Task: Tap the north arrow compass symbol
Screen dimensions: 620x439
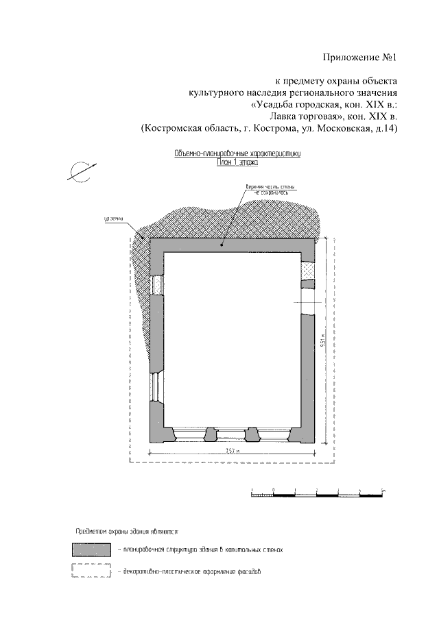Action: pos(82,170)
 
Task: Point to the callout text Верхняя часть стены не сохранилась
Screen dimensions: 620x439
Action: pos(261,190)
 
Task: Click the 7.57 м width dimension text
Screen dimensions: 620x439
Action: pos(234,450)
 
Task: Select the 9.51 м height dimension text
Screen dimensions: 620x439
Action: pos(321,342)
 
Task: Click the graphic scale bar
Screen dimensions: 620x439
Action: pos(317,493)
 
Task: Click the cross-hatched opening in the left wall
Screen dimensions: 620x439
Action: pos(156,284)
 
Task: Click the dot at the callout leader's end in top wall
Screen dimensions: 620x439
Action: pos(222,243)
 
